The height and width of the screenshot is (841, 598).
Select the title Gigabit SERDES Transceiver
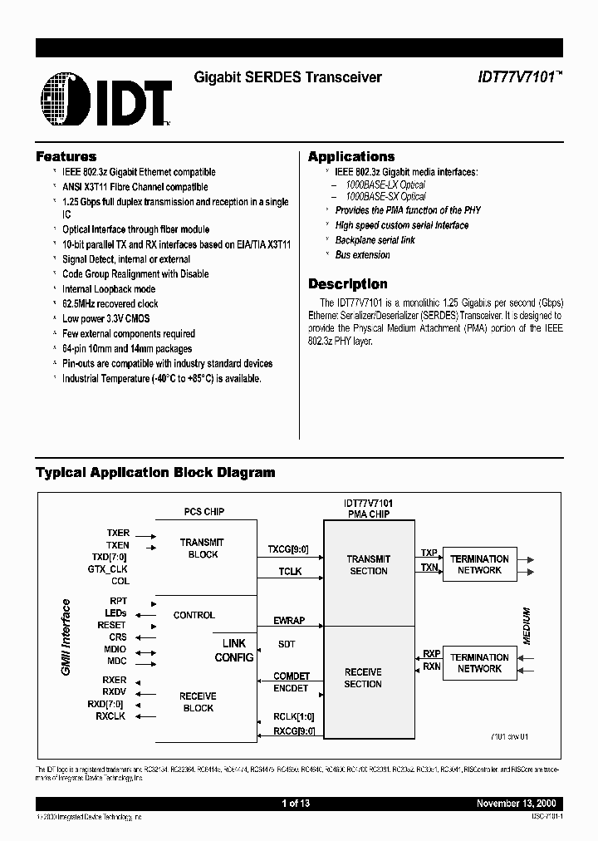click(x=287, y=77)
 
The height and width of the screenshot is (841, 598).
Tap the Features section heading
click(x=66, y=156)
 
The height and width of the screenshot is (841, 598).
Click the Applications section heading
click(x=351, y=156)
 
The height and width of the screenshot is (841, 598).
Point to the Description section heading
click(x=348, y=283)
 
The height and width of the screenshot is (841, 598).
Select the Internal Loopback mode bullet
click(x=109, y=289)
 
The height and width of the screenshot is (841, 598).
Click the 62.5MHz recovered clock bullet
click(x=110, y=304)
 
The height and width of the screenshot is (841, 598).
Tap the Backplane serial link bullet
click(x=375, y=240)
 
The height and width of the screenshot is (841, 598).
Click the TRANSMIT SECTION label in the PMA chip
click(x=368, y=565)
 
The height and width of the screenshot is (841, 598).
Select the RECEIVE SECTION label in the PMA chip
click(x=363, y=678)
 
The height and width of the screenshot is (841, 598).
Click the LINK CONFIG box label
click(x=234, y=651)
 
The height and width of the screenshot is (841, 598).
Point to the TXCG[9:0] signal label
click(x=287, y=549)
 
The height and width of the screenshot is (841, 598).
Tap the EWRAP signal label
click(x=288, y=621)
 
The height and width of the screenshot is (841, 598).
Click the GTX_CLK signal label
click(x=108, y=569)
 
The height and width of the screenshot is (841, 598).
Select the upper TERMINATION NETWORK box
click(x=479, y=564)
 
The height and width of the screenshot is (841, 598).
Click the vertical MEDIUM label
click(x=526, y=624)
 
